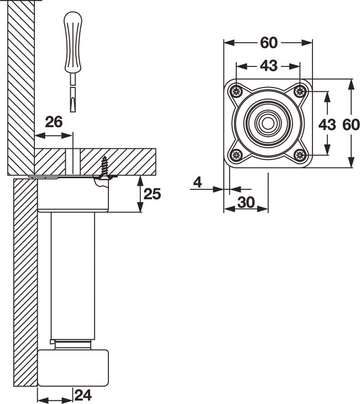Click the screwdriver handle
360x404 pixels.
click(72, 42)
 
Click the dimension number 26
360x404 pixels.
click(54, 122)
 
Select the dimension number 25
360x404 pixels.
click(152, 194)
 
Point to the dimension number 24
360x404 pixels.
click(82, 395)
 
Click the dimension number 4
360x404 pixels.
click(197, 181)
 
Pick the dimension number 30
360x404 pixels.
click(246, 203)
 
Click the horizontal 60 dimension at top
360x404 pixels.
click(268, 43)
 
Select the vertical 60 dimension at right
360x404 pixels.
click(351, 125)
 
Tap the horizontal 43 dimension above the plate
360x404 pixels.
click(268, 65)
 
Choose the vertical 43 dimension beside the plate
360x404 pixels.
click(327, 125)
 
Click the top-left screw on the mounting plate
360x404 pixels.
click(237, 91)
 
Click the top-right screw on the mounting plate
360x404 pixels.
click(300, 91)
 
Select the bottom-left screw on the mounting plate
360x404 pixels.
click(237, 155)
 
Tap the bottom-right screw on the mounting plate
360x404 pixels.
click(300, 155)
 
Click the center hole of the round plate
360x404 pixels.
click(268, 123)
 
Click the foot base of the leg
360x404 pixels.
click(73, 367)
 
